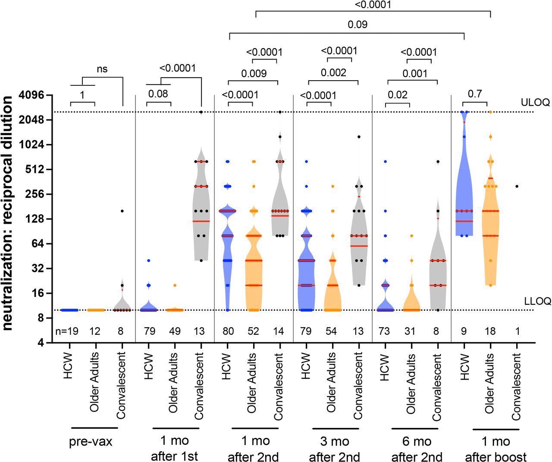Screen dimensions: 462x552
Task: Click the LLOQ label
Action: click(537, 301)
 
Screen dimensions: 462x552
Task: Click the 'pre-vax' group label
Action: click(91, 442)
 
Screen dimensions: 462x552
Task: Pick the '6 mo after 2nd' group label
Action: click(417, 449)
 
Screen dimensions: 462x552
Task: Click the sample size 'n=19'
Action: click(67, 331)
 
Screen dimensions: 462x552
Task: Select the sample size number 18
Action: click(489, 331)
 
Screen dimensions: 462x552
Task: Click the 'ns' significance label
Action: click(102, 69)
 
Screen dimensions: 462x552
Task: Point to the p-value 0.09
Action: click(358, 25)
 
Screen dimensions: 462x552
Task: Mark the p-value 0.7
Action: click(474, 94)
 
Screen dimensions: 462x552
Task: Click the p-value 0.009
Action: click(254, 73)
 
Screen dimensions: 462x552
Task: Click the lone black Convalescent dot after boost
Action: click(517, 186)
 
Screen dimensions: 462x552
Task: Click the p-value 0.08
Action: click(159, 94)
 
